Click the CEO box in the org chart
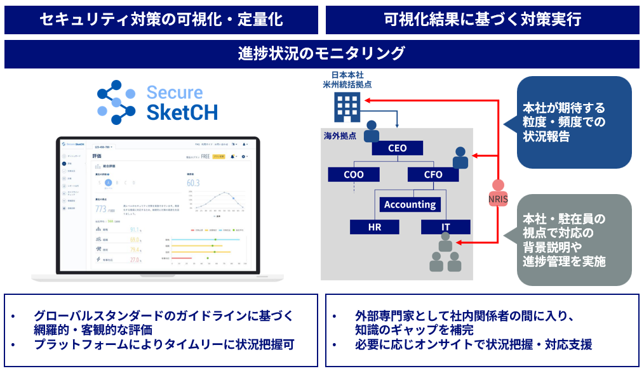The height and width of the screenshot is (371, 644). [398, 148]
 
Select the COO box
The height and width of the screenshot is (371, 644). [354, 174]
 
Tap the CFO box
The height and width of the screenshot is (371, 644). [433, 174]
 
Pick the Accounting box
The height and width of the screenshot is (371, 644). [410, 204]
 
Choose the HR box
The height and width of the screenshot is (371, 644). [375, 227]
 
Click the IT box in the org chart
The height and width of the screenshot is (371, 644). [445, 227]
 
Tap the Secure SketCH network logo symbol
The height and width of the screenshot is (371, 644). [117, 101]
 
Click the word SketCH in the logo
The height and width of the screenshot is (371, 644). [182, 112]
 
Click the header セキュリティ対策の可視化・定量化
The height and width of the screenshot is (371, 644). [161, 19]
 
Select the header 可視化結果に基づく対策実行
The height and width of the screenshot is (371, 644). [482, 19]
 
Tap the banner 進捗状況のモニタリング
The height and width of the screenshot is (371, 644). [321, 53]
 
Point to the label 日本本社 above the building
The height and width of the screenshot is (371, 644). [347, 75]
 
